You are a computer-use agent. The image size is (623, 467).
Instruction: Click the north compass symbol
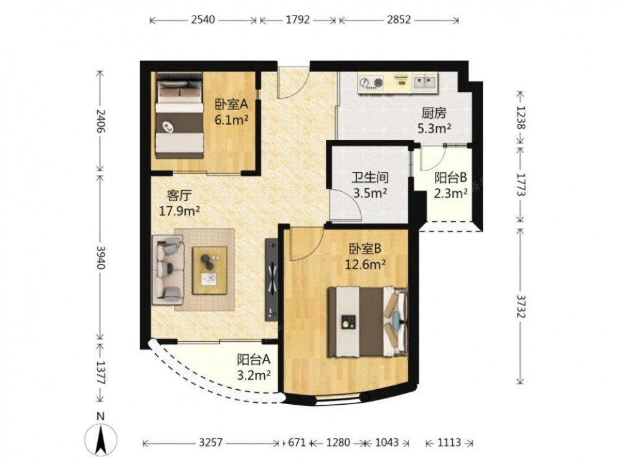tap(101, 440)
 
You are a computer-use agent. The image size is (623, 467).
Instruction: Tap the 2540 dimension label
tap(202, 20)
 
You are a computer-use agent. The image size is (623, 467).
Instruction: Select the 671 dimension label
tap(297, 442)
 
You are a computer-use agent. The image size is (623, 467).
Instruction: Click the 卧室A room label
tap(231, 105)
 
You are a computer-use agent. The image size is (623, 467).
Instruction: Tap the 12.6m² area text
tap(364, 263)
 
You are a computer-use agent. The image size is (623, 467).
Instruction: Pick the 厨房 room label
tap(434, 113)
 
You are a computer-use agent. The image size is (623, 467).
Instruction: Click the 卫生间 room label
tap(370, 177)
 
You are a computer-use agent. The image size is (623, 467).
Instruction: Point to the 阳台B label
tap(450, 177)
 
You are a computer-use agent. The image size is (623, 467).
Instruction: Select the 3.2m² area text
tap(254, 374)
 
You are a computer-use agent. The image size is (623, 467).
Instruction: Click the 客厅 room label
tap(179, 196)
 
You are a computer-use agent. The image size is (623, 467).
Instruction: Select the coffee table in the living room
tap(209, 270)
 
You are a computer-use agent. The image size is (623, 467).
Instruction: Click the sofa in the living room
tap(168, 270)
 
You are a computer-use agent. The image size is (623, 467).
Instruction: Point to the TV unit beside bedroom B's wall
tap(272, 279)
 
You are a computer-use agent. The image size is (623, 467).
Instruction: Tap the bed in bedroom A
tap(179, 115)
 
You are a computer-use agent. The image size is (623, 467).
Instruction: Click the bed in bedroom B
tap(368, 321)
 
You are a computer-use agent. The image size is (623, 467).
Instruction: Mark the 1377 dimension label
tap(101, 372)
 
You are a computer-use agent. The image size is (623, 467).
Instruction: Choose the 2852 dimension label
tap(399, 20)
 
